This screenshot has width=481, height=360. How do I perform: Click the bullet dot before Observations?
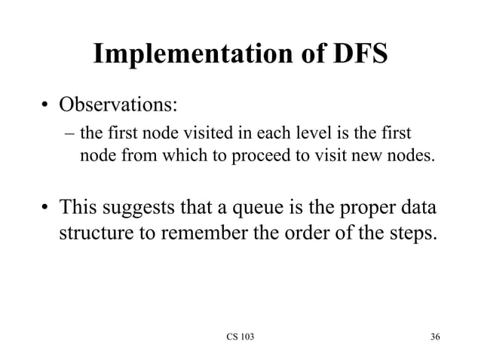[46, 104]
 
